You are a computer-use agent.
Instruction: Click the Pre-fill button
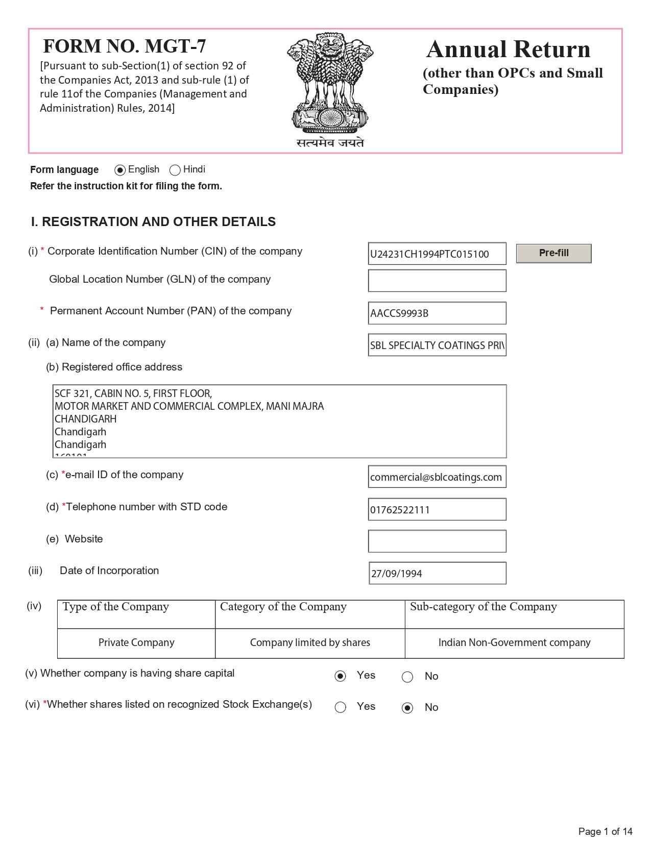[x=553, y=254]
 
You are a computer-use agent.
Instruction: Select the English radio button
[x=120, y=170]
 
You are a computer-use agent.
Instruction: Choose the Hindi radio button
[x=175, y=170]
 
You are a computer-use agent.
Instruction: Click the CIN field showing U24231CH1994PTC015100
[x=437, y=254]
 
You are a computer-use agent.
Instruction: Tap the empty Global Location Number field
[x=437, y=281]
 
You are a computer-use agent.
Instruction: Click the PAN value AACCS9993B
[x=437, y=313]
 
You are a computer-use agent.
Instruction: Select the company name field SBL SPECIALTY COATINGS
[x=437, y=345]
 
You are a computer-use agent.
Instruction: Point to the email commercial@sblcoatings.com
[x=437, y=477]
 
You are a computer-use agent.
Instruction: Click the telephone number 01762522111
[x=437, y=509]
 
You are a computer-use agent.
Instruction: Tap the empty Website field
[x=437, y=541]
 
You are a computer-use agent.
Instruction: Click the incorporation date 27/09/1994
[x=437, y=573]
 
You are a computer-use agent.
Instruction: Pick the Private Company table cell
[x=136, y=643]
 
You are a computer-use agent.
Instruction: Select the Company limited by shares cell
[x=310, y=643]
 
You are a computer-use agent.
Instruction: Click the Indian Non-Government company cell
[x=514, y=643]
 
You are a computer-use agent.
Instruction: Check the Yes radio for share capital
[x=341, y=676]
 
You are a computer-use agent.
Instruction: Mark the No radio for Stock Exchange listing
[x=407, y=708]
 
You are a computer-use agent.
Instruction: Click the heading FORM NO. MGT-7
[x=125, y=46]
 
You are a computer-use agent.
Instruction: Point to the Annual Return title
[x=508, y=49]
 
